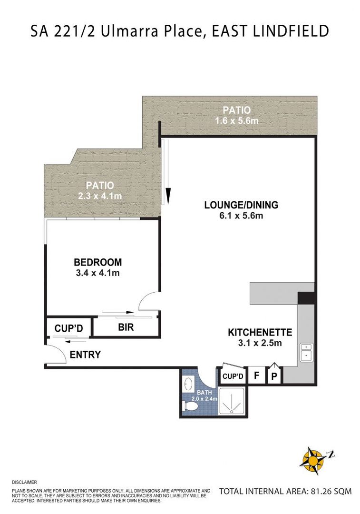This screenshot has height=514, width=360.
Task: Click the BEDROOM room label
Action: [97, 262]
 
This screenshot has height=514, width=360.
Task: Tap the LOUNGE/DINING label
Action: [241, 206]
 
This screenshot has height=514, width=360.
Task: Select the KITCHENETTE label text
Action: [260, 332]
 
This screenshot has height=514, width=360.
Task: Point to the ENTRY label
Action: [85, 355]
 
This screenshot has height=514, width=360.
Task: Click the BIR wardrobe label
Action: [125, 327]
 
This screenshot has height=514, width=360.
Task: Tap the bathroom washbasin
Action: [188, 384]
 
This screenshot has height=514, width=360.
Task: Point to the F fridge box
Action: [256, 376]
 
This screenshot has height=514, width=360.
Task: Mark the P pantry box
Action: [274, 376]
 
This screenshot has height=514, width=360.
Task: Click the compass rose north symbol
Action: [314, 461]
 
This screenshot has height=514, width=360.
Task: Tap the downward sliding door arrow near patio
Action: [168, 196]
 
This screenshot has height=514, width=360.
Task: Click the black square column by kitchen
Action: [306, 297]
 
